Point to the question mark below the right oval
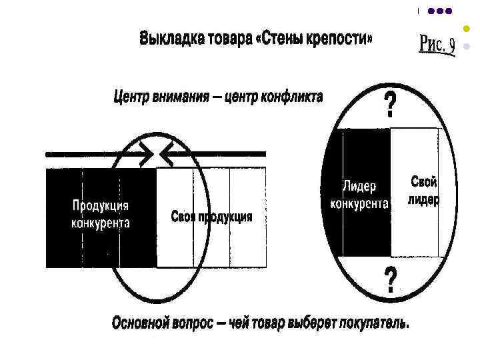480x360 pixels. coord(390,280)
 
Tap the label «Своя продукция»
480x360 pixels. coord(211,217)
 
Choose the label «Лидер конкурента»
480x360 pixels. coord(360,193)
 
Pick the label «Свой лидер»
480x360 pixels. coord(423,190)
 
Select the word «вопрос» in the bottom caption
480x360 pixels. coord(197,323)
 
